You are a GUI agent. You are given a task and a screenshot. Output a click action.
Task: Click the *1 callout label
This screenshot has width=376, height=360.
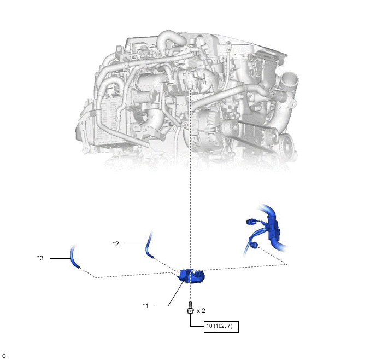pos(146,305)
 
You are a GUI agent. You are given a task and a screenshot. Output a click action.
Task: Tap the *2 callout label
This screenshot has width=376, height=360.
pos(116,244)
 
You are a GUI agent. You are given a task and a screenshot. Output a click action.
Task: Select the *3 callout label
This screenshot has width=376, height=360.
pos(40,258)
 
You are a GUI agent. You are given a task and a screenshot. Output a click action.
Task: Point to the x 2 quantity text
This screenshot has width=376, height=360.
pos(201,311)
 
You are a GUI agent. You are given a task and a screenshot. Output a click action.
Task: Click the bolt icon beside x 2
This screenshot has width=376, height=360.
pos(190,308)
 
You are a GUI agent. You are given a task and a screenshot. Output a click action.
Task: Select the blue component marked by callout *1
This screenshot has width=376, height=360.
pos(192,276)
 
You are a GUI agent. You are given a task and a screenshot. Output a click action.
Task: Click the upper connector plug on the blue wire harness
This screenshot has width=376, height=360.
pos(251,222)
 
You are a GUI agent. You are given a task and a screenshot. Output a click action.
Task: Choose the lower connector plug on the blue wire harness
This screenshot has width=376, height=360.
pos(254,245)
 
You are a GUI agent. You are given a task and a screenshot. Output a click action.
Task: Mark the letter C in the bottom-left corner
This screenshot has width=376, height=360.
pos(4,356)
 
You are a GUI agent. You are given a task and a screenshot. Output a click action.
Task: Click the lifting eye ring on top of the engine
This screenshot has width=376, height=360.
pos(229,45)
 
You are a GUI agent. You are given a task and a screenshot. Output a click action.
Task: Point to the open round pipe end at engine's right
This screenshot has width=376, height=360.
pos(289,80)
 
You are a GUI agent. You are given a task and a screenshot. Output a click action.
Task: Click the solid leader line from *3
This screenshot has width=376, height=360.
pos(60,258)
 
